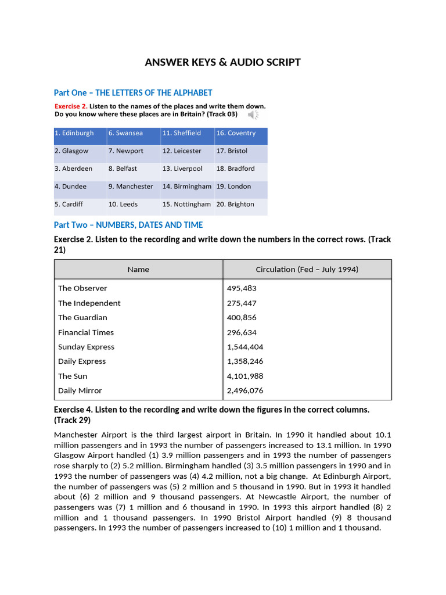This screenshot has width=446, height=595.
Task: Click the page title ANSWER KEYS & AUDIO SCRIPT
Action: (223, 62)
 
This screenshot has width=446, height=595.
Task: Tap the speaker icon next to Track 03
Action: (253, 114)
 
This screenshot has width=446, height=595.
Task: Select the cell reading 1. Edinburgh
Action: (74, 133)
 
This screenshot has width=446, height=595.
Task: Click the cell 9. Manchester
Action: (131, 187)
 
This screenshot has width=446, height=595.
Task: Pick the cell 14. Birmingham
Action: (186, 187)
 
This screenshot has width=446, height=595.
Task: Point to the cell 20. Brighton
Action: (235, 205)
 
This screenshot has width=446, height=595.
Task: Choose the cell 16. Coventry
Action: (236, 133)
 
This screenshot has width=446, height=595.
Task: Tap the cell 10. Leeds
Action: (123, 205)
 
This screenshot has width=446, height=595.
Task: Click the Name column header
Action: (138, 270)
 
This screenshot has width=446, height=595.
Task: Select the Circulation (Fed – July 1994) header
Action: (307, 270)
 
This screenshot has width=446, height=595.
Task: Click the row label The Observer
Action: (82, 288)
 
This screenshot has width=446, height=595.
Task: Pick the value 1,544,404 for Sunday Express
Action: (245, 347)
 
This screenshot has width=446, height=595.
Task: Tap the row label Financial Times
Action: (86, 332)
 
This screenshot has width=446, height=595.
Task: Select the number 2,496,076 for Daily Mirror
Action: (245, 390)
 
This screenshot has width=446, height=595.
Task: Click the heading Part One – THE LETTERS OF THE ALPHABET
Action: (133, 93)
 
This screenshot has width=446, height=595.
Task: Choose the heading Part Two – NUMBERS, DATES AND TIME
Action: (128, 225)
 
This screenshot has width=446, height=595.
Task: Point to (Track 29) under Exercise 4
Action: (72, 420)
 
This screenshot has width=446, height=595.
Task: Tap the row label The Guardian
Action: (82, 318)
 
